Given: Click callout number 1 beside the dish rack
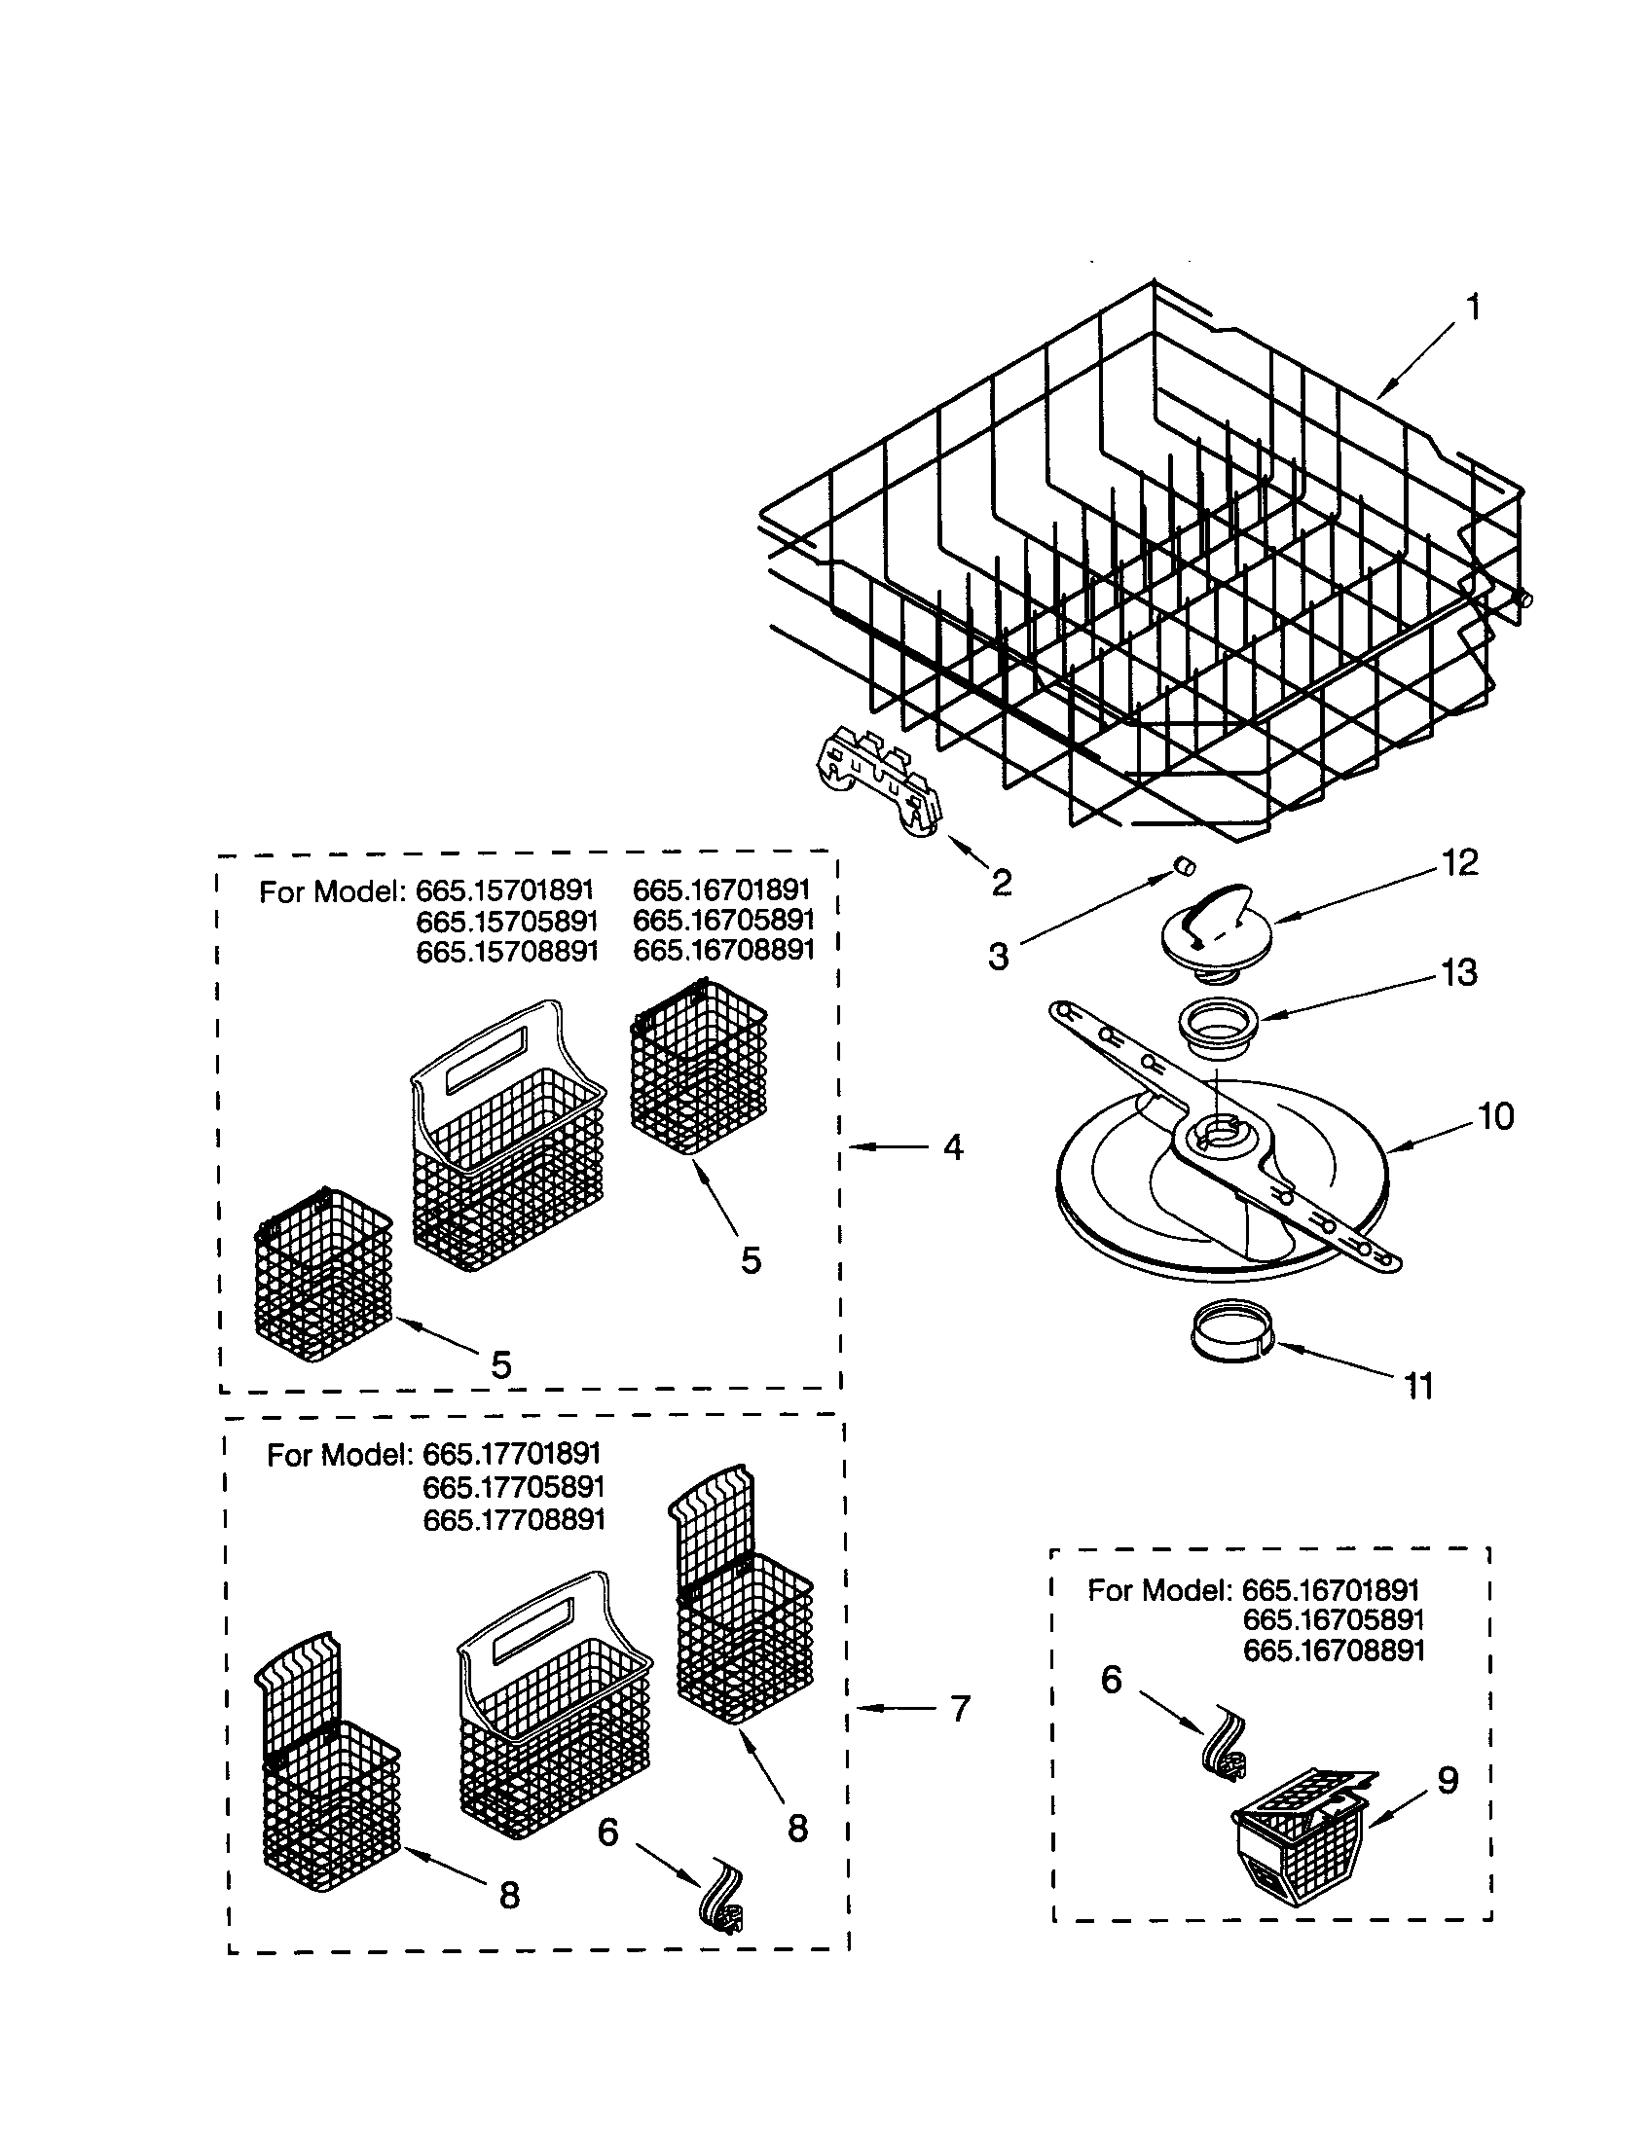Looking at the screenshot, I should pos(1472,308).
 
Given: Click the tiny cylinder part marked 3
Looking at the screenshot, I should pos(1184,864).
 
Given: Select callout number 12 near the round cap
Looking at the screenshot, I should pos(1459,862).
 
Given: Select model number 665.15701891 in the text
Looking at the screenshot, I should pos(504,890).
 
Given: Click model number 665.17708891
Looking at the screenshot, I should pos(514,1519).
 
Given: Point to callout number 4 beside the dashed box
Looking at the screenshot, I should pos(952,1147).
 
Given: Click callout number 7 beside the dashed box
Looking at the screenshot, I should pos(960,1709).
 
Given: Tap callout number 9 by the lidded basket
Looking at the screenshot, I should pos(1448,1779).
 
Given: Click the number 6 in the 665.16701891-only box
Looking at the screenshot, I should pos(1111,1680).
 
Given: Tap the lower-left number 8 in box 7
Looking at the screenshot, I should pos(509,1895).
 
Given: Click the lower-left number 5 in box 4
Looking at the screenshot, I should pos(501,1365).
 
